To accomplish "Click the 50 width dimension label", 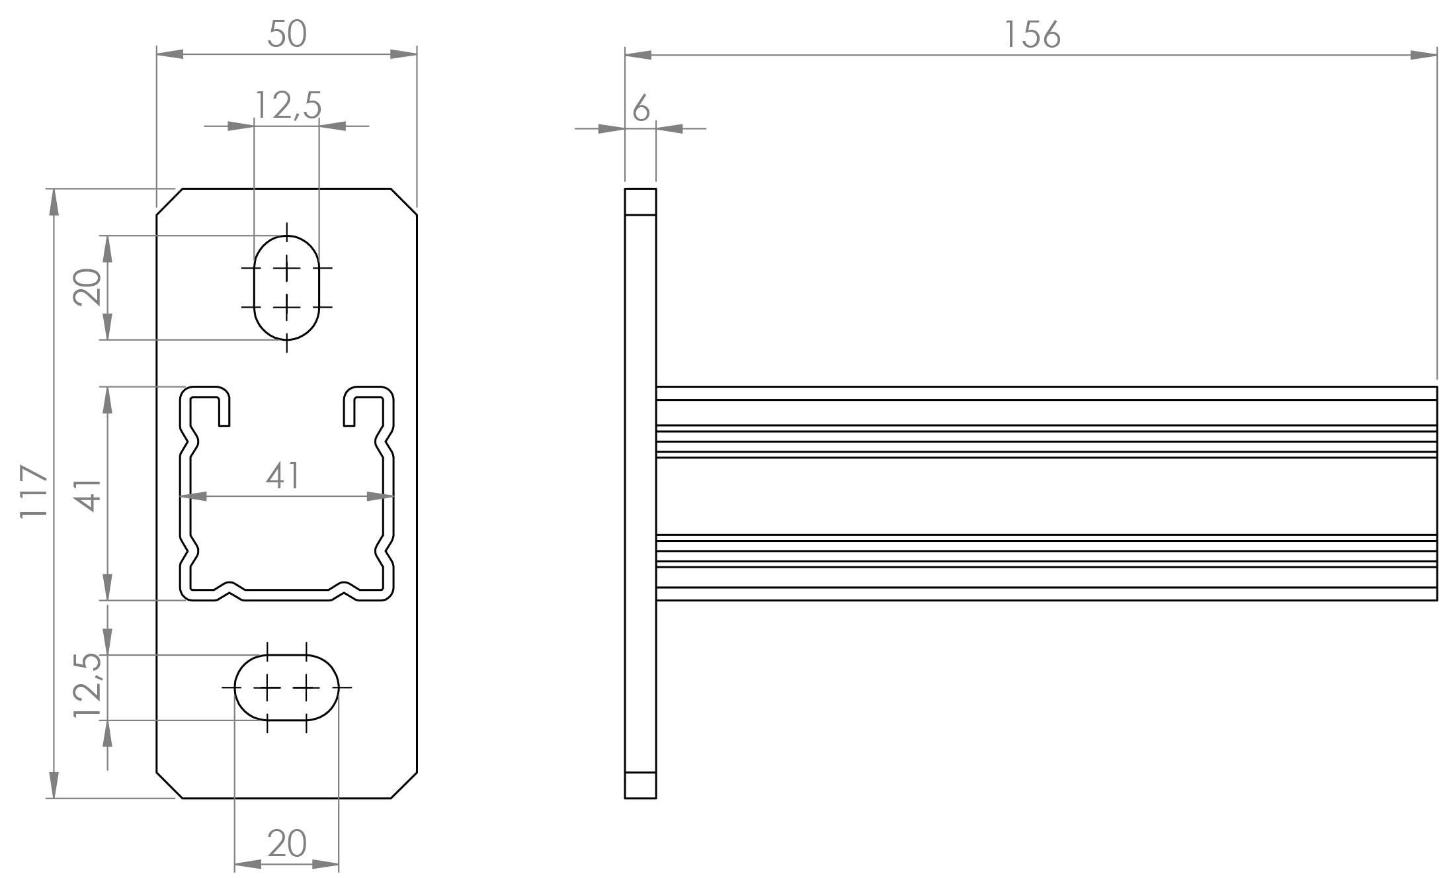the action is (287, 34).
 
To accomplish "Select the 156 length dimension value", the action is (1032, 34).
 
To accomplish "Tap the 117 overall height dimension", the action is (34, 492).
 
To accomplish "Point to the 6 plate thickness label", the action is (641, 108).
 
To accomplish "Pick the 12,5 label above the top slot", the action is (288, 105).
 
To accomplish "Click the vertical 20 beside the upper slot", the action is (87, 286).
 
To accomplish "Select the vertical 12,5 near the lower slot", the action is (87, 685).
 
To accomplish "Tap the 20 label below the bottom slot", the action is (287, 844).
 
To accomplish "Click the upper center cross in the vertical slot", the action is (286, 268).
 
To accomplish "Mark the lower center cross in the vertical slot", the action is (286, 307).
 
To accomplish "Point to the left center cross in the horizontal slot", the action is (267, 688).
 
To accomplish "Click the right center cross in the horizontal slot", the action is (306, 688).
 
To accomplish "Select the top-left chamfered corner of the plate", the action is (169, 202).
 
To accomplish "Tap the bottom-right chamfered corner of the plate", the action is (404, 785).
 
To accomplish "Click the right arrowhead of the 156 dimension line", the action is (1424, 55).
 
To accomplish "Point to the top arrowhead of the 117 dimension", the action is (54, 202).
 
